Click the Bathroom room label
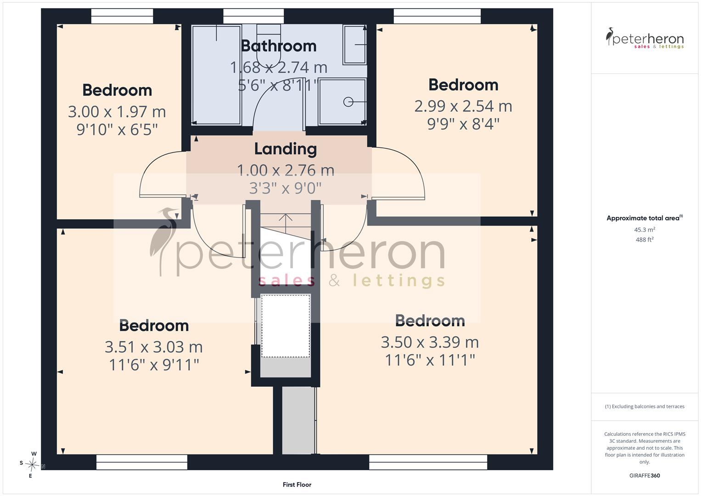pos(279,46)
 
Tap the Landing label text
pos(286,149)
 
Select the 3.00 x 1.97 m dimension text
pos(117,112)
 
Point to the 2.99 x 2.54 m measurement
pos(463,107)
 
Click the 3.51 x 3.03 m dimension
pos(154,347)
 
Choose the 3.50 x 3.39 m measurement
pos(430,342)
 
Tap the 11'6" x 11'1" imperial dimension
pos(430,360)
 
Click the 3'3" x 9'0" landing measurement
pos(286,188)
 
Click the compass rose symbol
pos(32,465)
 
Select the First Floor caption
pos(297,485)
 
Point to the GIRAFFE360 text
pos(645,476)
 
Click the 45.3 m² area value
pos(645,230)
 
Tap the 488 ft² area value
pos(645,240)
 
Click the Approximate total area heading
pos(645,218)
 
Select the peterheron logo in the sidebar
pos(645,38)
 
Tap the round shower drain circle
pos(348,102)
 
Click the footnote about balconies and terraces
pos(645,406)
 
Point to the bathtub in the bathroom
pos(216,75)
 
